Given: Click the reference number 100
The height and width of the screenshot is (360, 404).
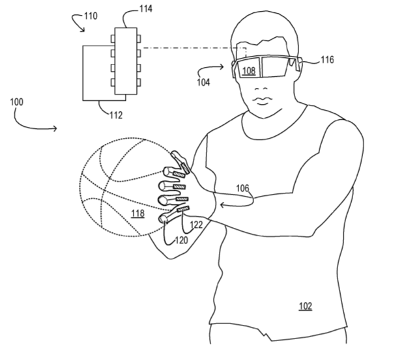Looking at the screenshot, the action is [x=17, y=102].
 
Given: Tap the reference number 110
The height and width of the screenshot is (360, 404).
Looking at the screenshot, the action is [x=91, y=16].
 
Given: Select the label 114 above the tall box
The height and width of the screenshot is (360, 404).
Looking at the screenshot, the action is [x=146, y=8].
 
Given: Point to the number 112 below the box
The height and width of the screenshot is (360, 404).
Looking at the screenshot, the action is [x=116, y=115].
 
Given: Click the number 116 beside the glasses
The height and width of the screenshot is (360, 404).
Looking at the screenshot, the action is [x=327, y=60].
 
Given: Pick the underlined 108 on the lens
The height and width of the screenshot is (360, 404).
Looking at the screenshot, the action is [x=249, y=70].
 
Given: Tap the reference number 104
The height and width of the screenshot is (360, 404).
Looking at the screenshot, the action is [x=203, y=82].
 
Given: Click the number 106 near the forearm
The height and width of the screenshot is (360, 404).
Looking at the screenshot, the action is [x=243, y=188].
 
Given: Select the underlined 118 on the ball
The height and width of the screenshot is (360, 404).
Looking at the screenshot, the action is [x=138, y=214].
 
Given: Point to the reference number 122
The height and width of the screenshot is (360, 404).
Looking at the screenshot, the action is [x=196, y=225].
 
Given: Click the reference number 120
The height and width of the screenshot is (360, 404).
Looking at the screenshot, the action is [x=182, y=240].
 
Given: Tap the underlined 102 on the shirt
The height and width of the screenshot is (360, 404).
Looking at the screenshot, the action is [x=306, y=306].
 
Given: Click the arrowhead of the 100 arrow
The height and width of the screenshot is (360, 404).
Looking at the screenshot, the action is [x=56, y=128].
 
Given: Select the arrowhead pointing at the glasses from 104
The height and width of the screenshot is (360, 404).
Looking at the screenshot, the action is [x=222, y=67].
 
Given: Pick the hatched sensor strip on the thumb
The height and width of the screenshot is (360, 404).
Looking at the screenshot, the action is [x=186, y=168].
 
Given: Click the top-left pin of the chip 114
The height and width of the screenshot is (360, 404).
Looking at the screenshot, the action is [x=113, y=39].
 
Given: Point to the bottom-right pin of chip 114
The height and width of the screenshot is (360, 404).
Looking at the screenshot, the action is [x=139, y=83].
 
